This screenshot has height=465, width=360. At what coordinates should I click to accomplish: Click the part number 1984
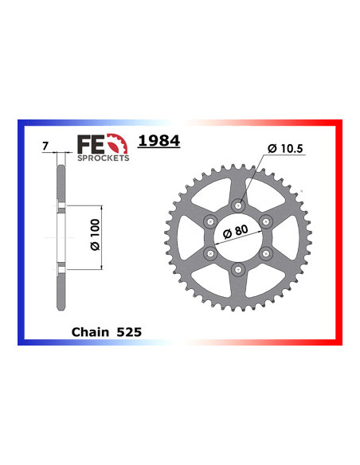[x=159, y=141]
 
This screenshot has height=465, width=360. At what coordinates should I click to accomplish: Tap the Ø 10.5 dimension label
[x=285, y=148]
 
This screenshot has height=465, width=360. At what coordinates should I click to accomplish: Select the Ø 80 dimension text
[x=236, y=232]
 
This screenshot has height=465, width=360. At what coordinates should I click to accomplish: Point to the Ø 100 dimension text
[x=96, y=235]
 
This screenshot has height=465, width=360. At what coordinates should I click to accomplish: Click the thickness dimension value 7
[x=45, y=147]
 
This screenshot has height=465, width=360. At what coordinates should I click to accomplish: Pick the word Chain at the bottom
[x=91, y=332]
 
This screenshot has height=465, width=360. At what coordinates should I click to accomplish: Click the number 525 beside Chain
[x=129, y=332]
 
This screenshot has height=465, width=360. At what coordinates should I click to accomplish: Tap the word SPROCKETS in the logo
[x=104, y=158]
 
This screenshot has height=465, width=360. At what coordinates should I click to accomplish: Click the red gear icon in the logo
[x=117, y=143]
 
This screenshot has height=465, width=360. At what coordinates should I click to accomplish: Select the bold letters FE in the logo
[x=91, y=144]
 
